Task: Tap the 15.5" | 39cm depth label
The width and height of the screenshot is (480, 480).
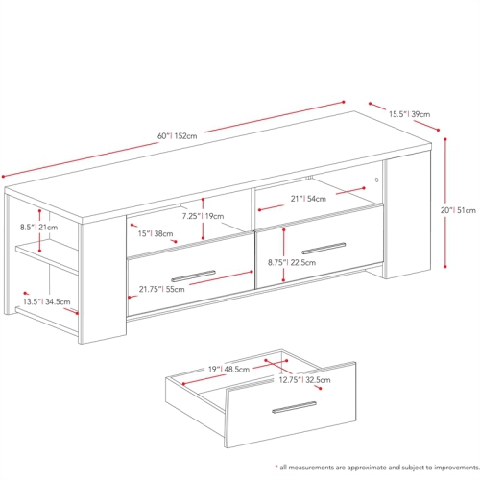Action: pyautogui.click(x=409, y=114)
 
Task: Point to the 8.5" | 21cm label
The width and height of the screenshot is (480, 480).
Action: pyautogui.click(x=38, y=228)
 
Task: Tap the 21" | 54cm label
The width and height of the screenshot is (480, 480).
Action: pyautogui.click(x=309, y=198)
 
